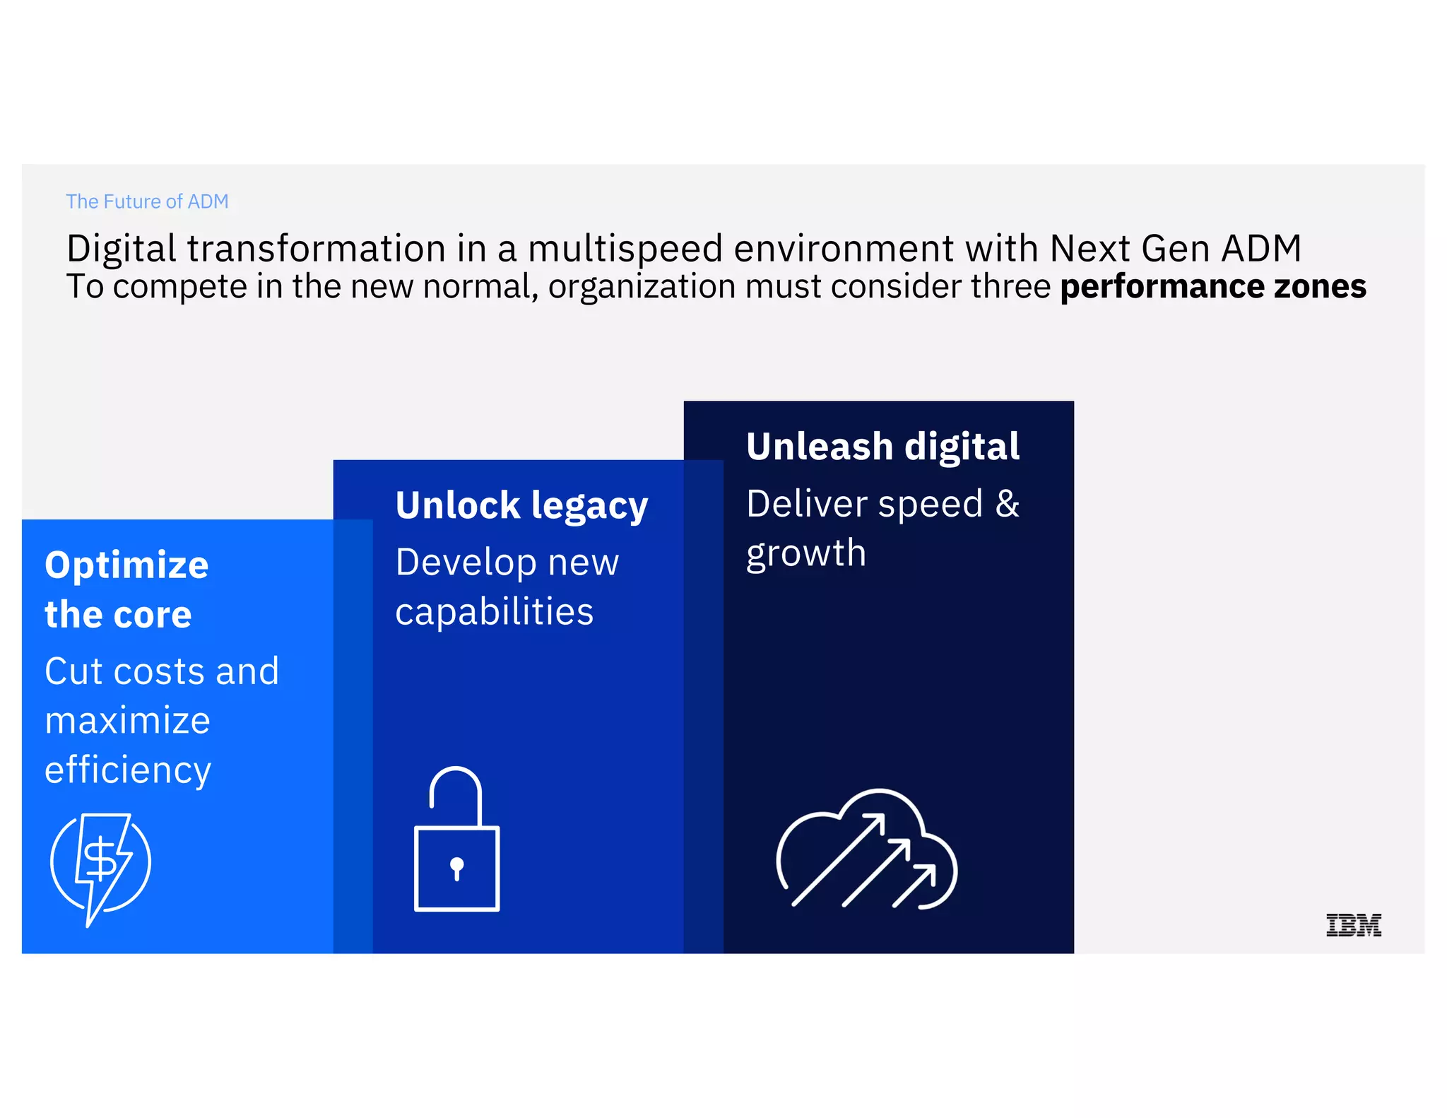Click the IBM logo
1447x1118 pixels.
pos(1353,924)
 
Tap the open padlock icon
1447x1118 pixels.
pos(456,841)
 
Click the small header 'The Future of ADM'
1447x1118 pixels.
pos(147,201)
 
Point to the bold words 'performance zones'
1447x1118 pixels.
pos(1212,287)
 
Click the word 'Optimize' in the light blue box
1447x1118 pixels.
pos(126,565)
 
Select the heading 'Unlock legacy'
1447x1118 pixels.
pos(521,506)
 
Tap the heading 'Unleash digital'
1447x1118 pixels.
pos(882,447)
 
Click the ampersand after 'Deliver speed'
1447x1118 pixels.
pos(1008,504)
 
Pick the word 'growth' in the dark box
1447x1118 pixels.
pos(805,553)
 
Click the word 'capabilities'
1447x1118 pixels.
pos(494,612)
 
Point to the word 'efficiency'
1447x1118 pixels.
pos(128,770)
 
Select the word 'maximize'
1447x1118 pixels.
pos(127,721)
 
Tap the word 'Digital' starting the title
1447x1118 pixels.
pos(121,249)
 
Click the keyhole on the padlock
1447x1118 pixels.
pos(456,867)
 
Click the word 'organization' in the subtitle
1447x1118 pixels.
pos(642,287)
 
